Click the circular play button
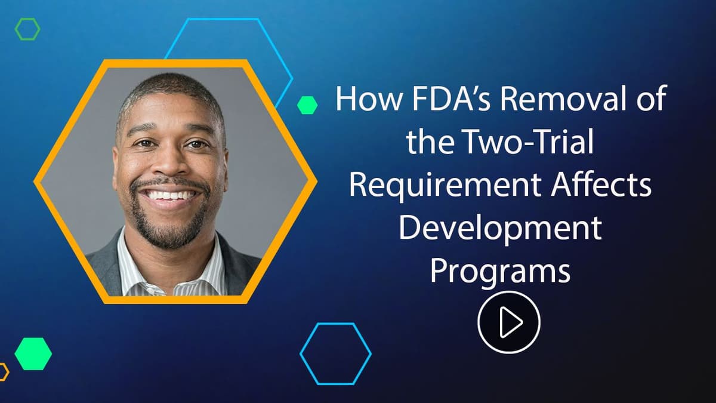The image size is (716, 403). [508, 322]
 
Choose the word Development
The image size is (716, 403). [499, 229]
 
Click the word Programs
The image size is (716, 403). [500, 271]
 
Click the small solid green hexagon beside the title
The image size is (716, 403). [307, 105]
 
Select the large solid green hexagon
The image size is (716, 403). [33, 353]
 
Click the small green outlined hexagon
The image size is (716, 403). [27, 29]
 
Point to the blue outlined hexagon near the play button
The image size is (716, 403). [335, 353]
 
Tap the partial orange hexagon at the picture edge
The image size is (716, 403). [3, 372]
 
